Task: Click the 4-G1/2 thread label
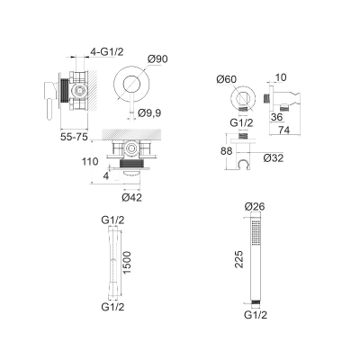coord(107,52)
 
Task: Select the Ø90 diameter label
coord(157,59)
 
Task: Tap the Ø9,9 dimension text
coord(149,113)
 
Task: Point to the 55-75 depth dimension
coord(74,137)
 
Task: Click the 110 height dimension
coord(90,162)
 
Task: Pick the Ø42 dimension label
coord(132,198)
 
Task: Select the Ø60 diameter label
coord(226,79)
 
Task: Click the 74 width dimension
coord(283,130)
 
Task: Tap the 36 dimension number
coord(276,117)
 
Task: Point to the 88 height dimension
coord(227,151)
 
